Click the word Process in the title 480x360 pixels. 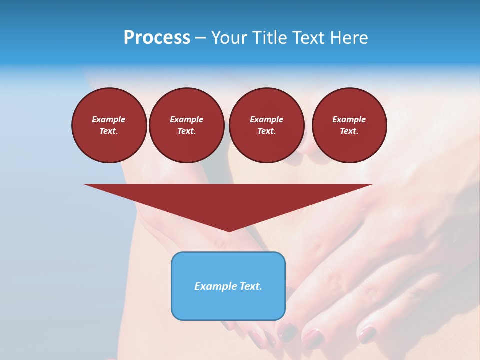[157, 38]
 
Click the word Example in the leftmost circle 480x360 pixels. [109, 119]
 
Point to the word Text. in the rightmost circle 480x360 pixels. [349, 131]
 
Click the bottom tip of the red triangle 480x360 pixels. [229, 230]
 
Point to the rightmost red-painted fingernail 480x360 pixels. [367, 334]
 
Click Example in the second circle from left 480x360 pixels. [187, 119]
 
